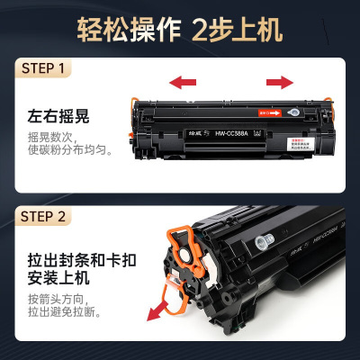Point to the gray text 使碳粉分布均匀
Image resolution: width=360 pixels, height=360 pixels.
(x=68, y=152)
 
